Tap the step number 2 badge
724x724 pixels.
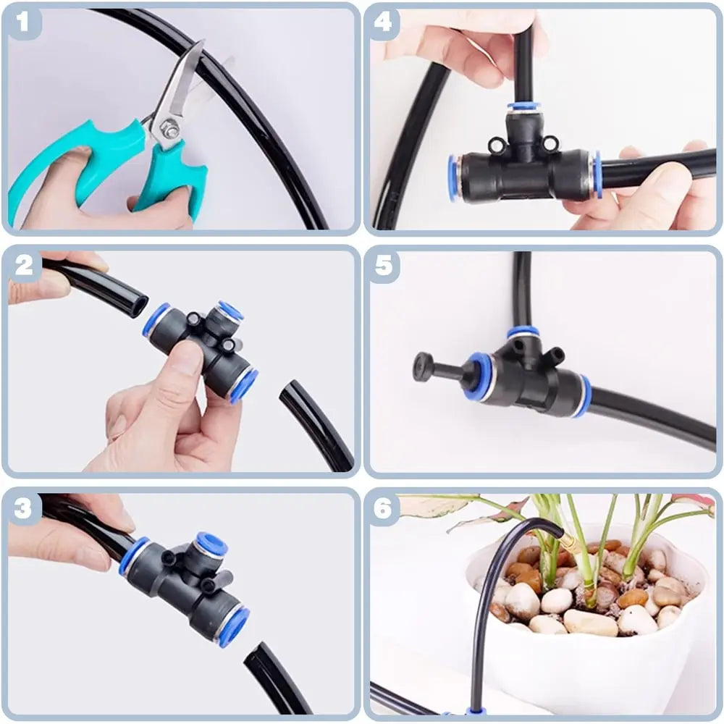[x=24, y=265]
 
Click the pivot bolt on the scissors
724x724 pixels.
[x=171, y=130]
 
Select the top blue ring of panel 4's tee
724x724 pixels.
[x=523, y=106]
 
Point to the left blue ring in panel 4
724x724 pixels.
[x=454, y=178]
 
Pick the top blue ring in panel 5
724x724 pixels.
[x=523, y=332]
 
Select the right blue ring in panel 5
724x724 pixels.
[x=584, y=397]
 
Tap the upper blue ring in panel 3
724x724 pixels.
[x=212, y=544]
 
